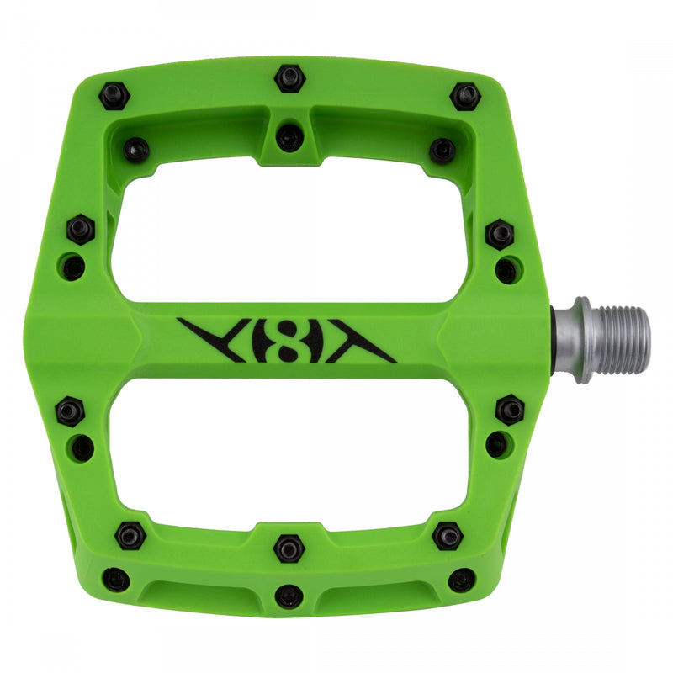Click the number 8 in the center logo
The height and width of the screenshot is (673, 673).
pos(286,340)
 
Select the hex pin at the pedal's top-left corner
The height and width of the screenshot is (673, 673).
pos(114,96)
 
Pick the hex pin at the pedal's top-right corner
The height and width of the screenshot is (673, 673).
pos(464,95)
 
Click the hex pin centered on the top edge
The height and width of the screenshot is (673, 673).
pos(289,79)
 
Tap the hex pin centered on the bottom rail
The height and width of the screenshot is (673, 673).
pos(289,548)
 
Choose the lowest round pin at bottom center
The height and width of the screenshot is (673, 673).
pos(289,595)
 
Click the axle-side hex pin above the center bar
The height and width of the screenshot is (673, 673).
pos(500,233)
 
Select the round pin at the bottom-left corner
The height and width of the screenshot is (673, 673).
pos(115,579)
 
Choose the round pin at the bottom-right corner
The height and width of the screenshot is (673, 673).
pos(461,580)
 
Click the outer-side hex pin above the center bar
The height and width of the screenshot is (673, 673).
pos(81,229)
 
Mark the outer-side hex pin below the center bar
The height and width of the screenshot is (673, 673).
pos(70,411)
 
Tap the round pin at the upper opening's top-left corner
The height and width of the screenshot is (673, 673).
pos(136,150)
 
